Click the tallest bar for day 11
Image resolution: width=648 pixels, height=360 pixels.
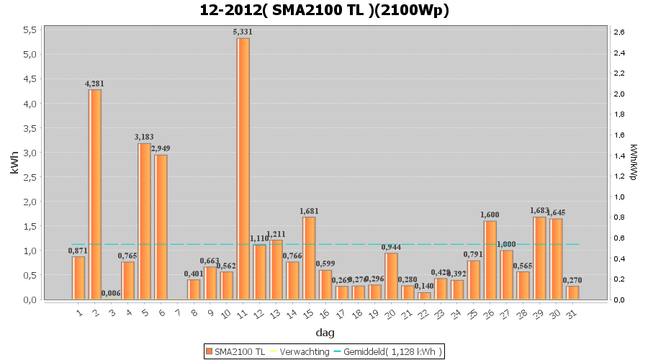(243, 168)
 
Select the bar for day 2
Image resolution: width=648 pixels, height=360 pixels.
(94, 194)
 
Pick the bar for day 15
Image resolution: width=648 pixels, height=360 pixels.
(309, 258)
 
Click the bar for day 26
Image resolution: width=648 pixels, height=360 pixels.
(490, 260)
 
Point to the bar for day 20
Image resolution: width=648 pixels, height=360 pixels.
(392, 276)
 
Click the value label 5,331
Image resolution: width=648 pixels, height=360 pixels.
(243, 32)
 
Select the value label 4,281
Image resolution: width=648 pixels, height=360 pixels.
(94, 84)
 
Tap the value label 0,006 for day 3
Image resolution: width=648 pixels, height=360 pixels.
(111, 293)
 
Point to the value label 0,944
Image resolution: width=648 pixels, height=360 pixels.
(392, 247)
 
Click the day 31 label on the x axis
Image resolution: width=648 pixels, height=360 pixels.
(571, 314)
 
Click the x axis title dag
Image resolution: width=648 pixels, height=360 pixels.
(325, 333)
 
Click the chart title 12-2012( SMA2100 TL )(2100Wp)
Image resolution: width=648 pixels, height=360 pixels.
(325, 10)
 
